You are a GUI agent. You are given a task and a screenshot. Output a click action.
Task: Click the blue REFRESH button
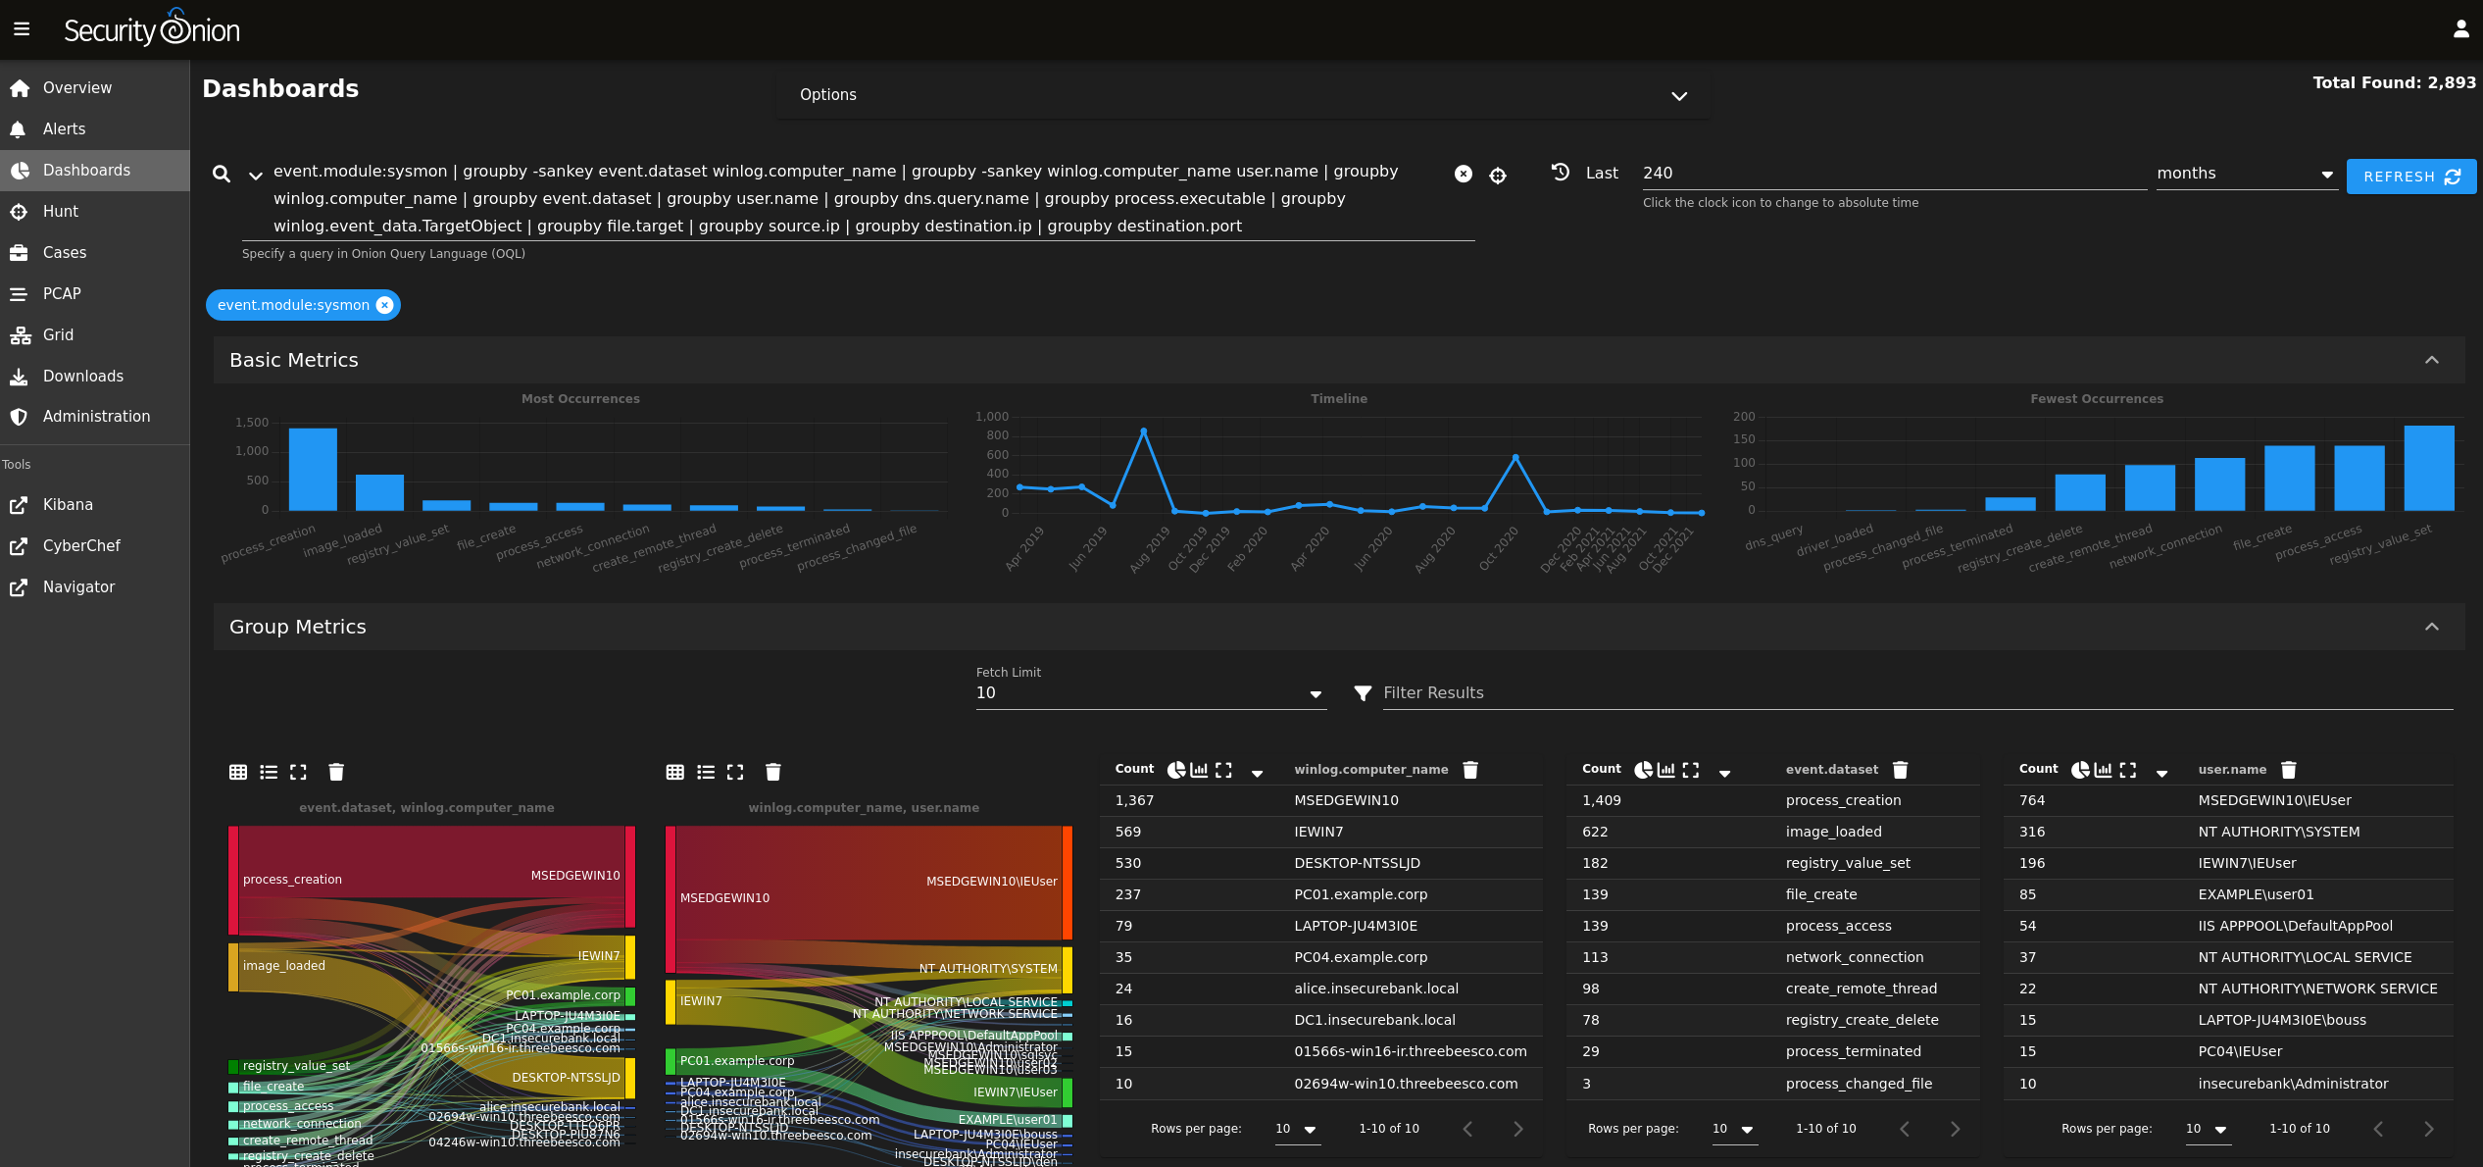pos(2410,177)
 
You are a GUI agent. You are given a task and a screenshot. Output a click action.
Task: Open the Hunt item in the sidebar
pos(60,211)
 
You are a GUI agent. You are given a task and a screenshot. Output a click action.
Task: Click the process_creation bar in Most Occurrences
pos(313,469)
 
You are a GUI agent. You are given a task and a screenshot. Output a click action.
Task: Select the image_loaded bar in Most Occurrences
pos(379,492)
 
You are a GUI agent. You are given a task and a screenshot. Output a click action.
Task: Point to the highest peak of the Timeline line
pos(1143,431)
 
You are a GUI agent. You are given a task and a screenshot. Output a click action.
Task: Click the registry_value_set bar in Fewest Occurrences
pos(2428,468)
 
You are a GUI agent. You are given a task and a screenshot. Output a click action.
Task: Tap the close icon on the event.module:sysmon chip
pos(385,305)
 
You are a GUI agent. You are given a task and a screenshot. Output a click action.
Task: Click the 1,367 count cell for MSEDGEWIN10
pos(1134,800)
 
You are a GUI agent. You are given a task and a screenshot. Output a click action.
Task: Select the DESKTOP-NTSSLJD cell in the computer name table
pos(1356,863)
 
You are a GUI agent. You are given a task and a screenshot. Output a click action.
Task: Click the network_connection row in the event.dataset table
pos(1854,957)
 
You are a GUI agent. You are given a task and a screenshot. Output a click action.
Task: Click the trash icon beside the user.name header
pos(2288,770)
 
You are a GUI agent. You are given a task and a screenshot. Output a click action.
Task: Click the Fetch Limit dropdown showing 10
pos(1149,693)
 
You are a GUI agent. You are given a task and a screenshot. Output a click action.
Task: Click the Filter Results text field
pos(1912,693)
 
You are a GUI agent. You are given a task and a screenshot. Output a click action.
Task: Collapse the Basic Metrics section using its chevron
pos(2431,360)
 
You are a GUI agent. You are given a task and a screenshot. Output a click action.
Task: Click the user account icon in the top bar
pos(2460,29)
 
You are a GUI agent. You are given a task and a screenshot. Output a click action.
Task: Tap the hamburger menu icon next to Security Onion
pos(22,29)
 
